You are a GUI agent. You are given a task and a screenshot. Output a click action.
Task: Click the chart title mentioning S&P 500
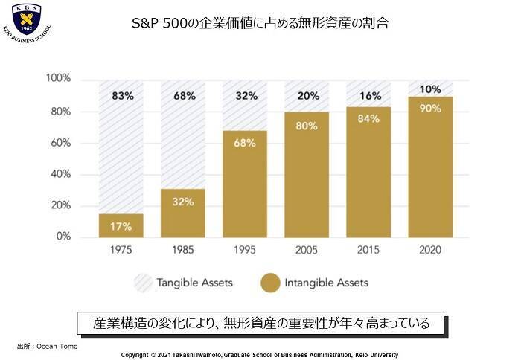pos(260,23)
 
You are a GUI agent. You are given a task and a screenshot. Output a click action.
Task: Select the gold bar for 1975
pos(121,225)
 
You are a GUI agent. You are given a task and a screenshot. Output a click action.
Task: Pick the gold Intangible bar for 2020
pos(430,167)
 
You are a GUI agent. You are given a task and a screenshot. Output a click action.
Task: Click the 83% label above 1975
pos(123,96)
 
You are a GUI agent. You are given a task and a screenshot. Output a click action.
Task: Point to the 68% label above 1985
pos(185,96)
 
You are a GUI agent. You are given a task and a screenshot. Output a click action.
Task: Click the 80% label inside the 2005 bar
pos(307,126)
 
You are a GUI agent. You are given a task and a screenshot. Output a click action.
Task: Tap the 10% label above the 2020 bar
pos(430,90)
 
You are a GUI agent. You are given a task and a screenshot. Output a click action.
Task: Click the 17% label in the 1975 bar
pos(121,226)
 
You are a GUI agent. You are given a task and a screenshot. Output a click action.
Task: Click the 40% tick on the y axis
pos(60,174)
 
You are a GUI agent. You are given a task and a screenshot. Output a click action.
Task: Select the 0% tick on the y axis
pos(63,237)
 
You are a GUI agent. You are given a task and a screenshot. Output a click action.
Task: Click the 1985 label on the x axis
pos(183,251)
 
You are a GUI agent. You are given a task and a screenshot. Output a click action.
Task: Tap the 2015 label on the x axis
pos(368,251)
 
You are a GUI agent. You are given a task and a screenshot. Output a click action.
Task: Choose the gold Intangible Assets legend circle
pos(271,283)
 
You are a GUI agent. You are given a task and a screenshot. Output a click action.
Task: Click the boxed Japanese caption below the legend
pos(260,324)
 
